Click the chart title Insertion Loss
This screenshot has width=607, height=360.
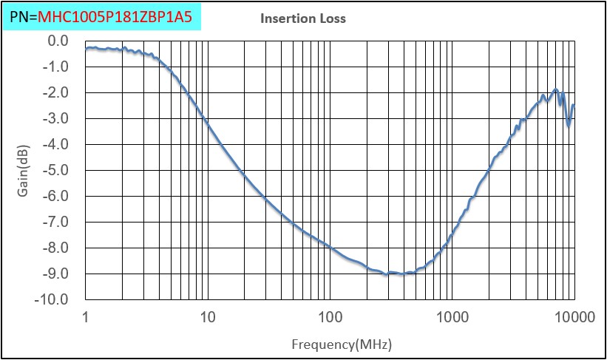(303, 18)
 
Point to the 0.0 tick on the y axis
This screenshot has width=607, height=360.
(58, 41)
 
